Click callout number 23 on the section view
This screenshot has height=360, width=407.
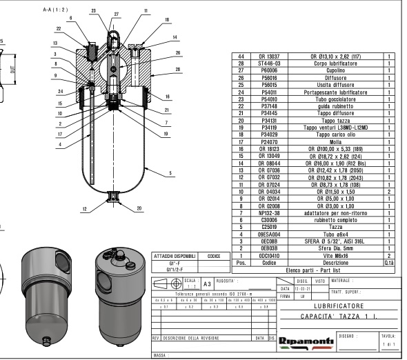tap(94, 11)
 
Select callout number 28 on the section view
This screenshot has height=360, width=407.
tap(178, 69)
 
